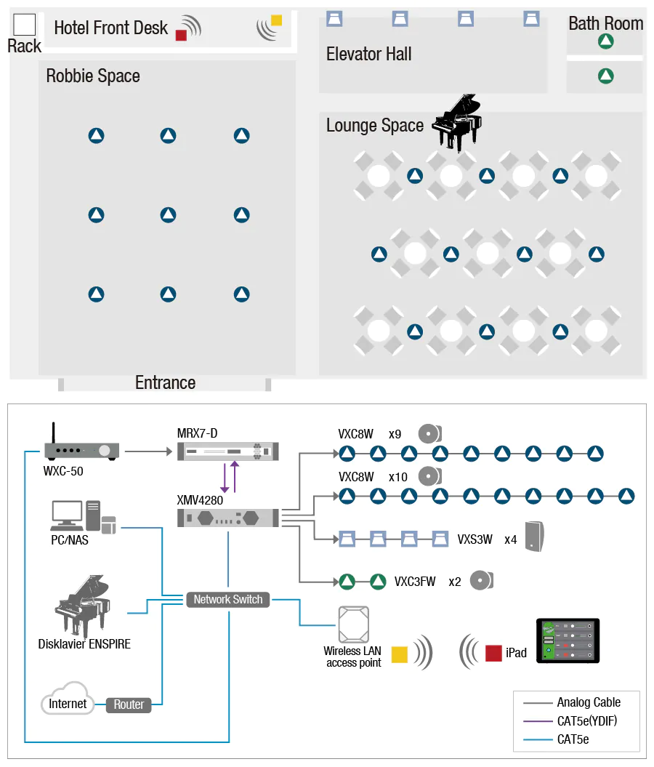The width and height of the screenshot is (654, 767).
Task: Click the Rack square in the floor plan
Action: click(25, 25)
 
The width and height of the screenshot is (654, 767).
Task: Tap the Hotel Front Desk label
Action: click(110, 28)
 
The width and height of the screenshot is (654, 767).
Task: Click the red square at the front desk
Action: click(181, 34)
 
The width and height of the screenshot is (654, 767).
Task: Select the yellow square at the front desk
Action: click(276, 20)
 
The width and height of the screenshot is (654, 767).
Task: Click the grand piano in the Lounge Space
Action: click(456, 122)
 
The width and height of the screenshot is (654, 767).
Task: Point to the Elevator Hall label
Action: click(368, 54)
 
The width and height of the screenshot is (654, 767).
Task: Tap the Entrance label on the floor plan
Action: click(165, 382)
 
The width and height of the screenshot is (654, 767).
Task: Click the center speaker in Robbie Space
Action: click(169, 215)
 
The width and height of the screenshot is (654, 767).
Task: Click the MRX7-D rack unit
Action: click(228, 451)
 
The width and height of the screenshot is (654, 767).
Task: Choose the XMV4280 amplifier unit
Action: click(228, 518)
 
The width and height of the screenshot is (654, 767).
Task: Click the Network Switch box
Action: click(228, 600)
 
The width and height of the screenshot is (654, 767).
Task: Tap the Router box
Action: click(129, 704)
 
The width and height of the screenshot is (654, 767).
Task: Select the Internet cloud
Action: click(68, 699)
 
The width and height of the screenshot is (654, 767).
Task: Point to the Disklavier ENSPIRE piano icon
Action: click(84, 607)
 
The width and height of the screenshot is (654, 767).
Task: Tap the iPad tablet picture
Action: click(568, 640)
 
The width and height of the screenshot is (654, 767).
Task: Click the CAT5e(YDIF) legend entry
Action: click(586, 721)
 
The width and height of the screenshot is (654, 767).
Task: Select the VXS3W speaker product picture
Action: click(534, 537)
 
